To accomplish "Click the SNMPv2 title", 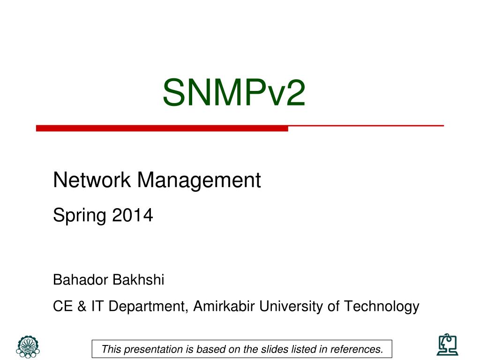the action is tap(234, 92).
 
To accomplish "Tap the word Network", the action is tap(92, 180).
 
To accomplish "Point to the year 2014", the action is tap(133, 215).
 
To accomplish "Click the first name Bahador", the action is tap(81, 280).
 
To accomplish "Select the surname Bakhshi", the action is tap(138, 280).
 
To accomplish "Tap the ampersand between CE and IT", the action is tap(82, 307).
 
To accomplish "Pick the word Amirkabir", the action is tap(224, 306).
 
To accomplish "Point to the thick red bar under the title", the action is tap(162, 128).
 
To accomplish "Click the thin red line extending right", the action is tap(366, 126).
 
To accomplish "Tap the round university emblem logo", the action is tap(28, 347).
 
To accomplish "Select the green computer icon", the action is tap(447, 345).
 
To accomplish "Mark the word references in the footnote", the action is tap(357, 349).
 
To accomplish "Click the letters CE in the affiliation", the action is tap(63, 307).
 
